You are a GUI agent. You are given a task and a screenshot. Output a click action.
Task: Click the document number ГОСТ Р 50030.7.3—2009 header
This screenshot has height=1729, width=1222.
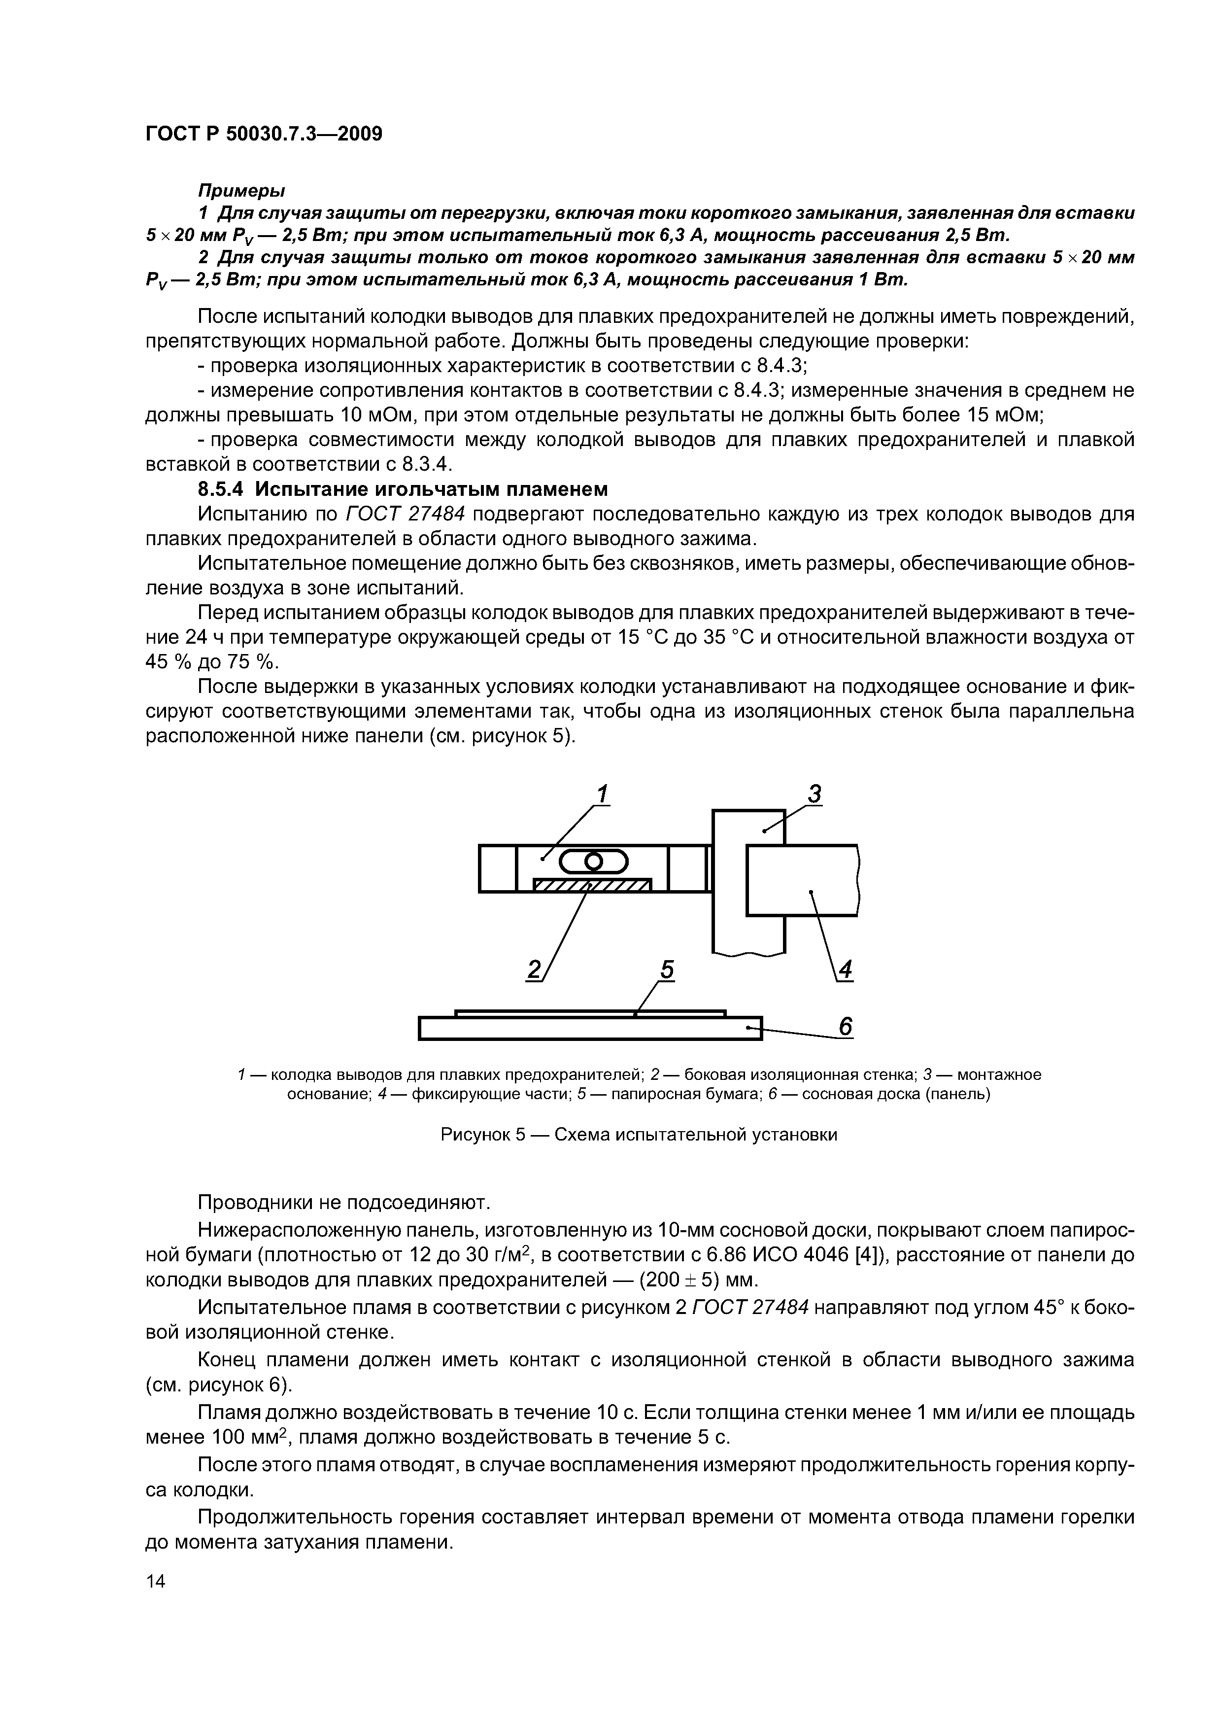264,134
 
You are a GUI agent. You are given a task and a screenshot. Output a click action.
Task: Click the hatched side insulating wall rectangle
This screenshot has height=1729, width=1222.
592,885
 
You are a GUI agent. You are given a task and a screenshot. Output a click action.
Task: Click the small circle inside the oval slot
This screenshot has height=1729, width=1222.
593,860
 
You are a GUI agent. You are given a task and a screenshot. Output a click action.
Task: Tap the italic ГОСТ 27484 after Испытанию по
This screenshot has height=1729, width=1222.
405,515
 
